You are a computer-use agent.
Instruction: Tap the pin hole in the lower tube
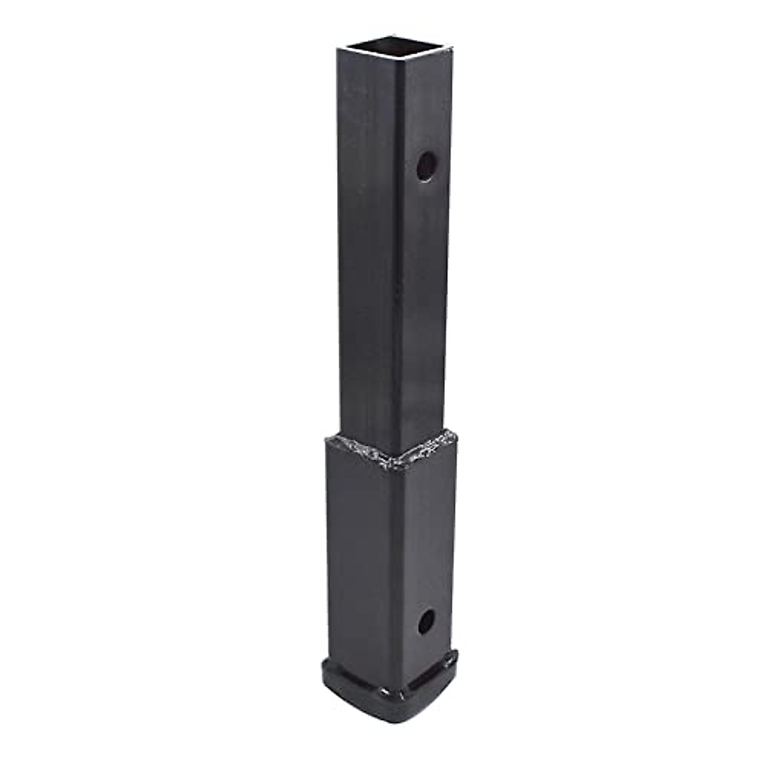click(x=426, y=620)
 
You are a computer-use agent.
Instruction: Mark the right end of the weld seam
click(x=456, y=435)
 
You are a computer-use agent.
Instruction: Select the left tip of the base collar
click(x=321, y=670)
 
